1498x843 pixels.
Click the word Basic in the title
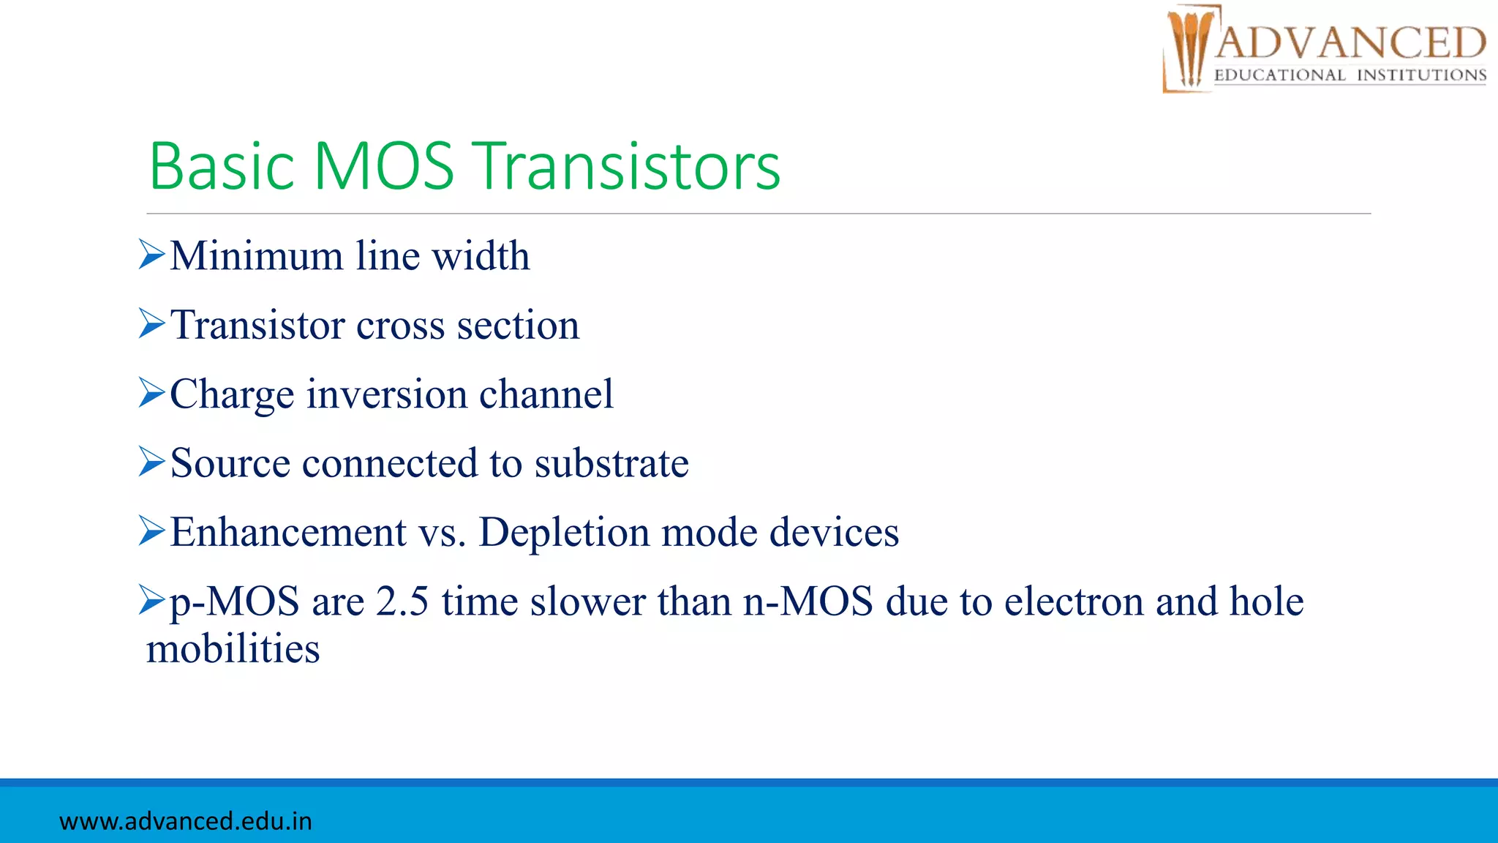(x=222, y=167)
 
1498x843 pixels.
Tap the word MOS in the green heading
(x=384, y=167)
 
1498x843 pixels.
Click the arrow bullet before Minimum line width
(x=152, y=256)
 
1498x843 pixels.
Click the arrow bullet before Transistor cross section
(x=152, y=325)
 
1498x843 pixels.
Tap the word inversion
(x=387, y=394)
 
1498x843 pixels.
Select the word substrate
(x=611, y=463)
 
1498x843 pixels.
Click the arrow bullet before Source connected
(x=152, y=463)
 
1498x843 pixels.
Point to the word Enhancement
(x=288, y=532)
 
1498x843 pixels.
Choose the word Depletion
(x=564, y=532)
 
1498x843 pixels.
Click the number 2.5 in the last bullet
(x=402, y=602)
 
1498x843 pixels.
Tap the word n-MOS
(x=808, y=602)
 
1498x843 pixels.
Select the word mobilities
(x=233, y=649)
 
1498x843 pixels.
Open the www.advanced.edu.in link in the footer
(x=186, y=821)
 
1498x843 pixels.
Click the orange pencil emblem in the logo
(x=1189, y=48)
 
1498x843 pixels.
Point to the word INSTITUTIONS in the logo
(x=1421, y=75)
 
